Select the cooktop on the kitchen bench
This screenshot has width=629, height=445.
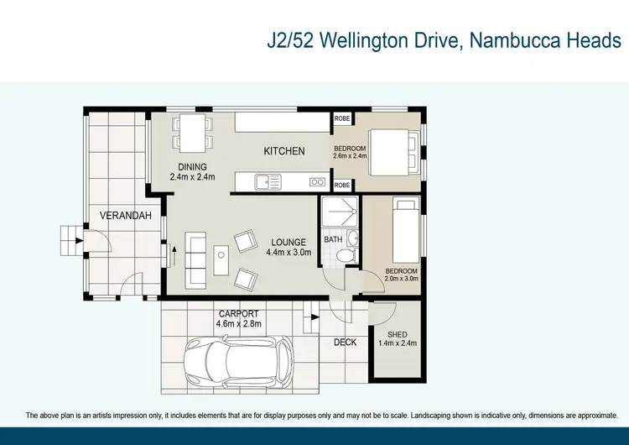click(317, 181)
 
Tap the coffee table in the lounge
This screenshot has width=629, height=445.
click(221, 260)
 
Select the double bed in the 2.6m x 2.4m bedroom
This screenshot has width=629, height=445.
click(392, 152)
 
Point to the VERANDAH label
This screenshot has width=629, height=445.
click(126, 216)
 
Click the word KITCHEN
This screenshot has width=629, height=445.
click(284, 151)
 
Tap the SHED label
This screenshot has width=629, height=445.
click(398, 335)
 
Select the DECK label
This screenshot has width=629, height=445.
click(346, 342)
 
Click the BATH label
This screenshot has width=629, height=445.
click(333, 240)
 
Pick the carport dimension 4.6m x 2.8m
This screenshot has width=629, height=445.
click(239, 323)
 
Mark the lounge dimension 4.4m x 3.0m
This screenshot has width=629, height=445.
click(289, 252)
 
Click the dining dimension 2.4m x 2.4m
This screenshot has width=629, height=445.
click(192, 177)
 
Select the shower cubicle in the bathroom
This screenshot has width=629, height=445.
click(340, 213)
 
